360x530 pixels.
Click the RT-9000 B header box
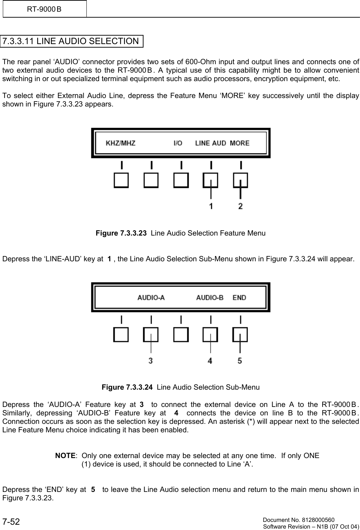(44, 9)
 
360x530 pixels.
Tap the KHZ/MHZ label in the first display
(121, 143)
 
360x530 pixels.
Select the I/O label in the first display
(178, 143)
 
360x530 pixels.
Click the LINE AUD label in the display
(210, 143)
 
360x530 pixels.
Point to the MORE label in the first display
(239, 143)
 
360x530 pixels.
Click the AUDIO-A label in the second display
(151, 298)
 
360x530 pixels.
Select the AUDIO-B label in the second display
(210, 298)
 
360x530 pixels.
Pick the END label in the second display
(239, 298)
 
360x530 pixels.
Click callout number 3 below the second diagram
(151, 361)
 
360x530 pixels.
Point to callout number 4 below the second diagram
(210, 361)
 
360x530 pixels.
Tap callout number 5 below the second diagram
(240, 361)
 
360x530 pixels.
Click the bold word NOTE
(65, 456)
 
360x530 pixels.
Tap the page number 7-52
(11, 522)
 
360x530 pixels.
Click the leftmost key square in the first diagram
(121, 180)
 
